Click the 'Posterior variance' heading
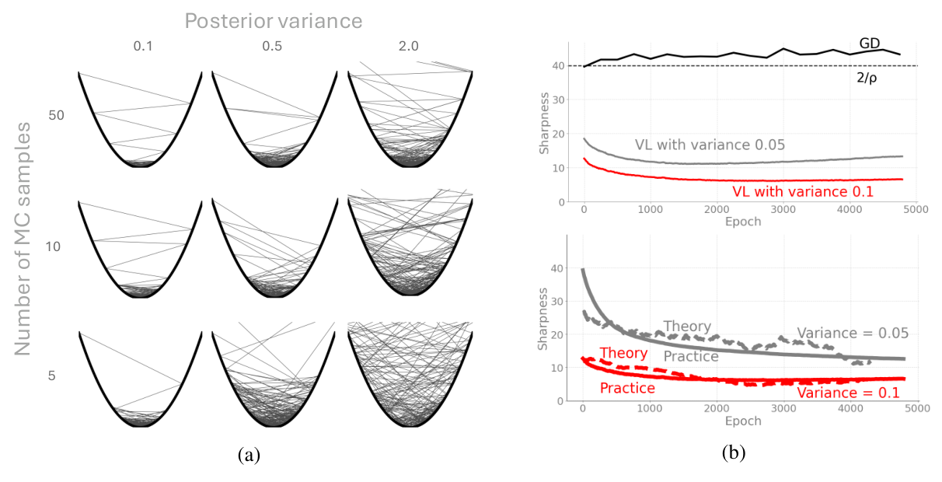click(273, 21)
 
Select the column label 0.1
click(143, 47)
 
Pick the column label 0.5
click(272, 47)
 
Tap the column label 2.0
click(407, 47)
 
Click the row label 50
click(57, 116)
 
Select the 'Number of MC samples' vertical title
click(25, 238)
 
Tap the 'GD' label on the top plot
click(870, 44)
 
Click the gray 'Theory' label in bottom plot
click(688, 327)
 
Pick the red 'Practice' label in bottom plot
click(626, 387)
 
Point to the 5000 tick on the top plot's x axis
click(916, 210)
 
